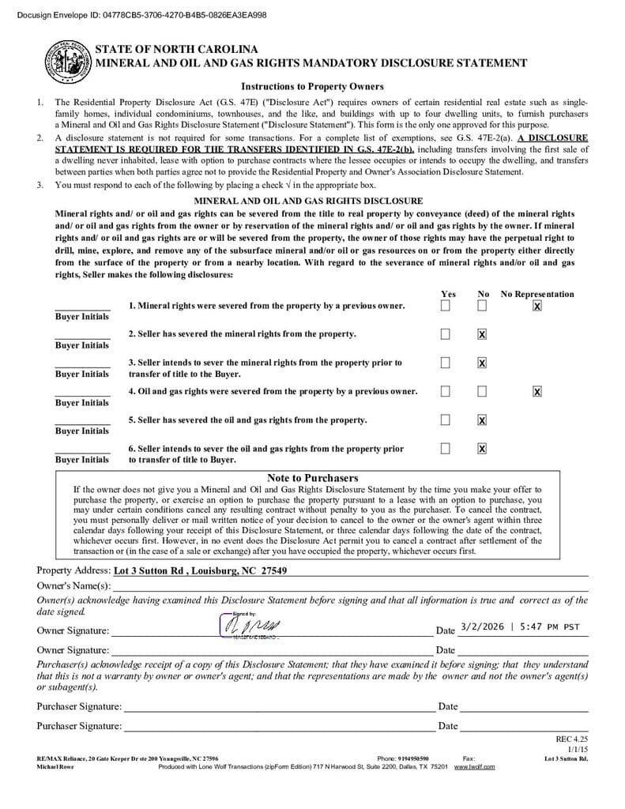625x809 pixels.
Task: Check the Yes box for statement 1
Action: tap(446, 306)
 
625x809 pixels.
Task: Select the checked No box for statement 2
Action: tap(482, 334)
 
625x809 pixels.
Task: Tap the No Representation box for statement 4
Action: tap(537, 391)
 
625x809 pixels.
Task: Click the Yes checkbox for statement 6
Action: tap(446, 449)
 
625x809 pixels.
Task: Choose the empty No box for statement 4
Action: tap(482, 391)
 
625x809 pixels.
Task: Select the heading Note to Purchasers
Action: tap(312, 478)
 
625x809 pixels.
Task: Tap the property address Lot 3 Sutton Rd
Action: tap(200, 570)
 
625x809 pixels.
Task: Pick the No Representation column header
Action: tap(537, 294)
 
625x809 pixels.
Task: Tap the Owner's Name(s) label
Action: tap(73, 585)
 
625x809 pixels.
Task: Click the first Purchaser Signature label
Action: tap(79, 706)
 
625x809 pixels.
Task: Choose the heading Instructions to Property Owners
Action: tap(312, 86)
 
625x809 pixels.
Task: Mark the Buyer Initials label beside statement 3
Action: tap(82, 374)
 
